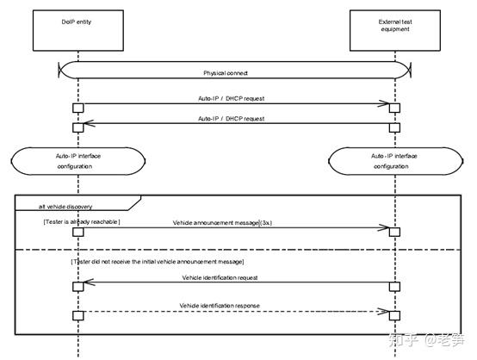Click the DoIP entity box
click(x=77, y=29)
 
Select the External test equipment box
click(x=393, y=29)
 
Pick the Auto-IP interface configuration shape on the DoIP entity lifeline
click(x=77, y=162)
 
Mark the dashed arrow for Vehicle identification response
click(x=232, y=314)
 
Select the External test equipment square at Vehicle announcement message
click(x=393, y=231)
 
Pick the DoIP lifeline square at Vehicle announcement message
click(x=77, y=231)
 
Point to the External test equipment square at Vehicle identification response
click(x=393, y=314)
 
